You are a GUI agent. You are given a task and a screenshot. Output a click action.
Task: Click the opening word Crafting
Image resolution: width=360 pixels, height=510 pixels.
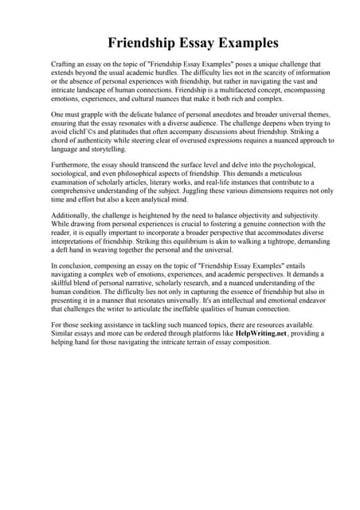65,64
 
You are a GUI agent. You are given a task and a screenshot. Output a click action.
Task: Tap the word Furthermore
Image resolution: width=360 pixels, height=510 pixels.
72,166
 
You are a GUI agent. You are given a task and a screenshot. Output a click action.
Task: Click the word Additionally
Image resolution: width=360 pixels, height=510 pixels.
73,217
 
